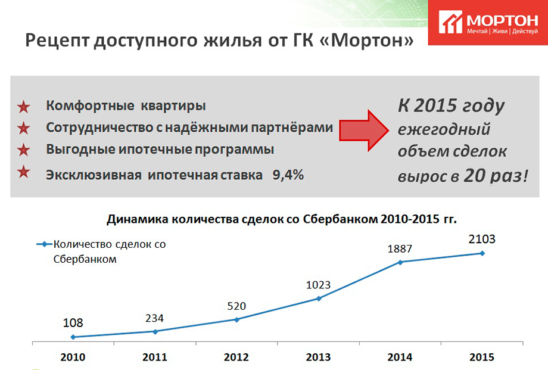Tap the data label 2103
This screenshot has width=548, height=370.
point(482,240)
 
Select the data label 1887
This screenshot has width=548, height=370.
point(400,249)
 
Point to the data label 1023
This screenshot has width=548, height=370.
point(318,285)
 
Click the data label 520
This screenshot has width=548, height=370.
point(236,306)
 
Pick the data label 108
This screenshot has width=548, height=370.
point(73,323)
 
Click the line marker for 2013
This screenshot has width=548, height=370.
point(319,299)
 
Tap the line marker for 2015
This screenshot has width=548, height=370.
point(482,253)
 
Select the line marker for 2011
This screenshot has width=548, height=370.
point(155,331)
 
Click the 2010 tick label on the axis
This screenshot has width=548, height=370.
point(73,357)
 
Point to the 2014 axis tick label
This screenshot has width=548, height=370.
point(400,357)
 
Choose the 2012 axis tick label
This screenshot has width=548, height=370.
point(236,357)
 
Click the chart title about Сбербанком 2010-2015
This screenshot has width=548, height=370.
point(281,219)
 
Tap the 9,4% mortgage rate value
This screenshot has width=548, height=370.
point(288,175)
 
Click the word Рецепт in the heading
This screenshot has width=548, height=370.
point(58,41)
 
